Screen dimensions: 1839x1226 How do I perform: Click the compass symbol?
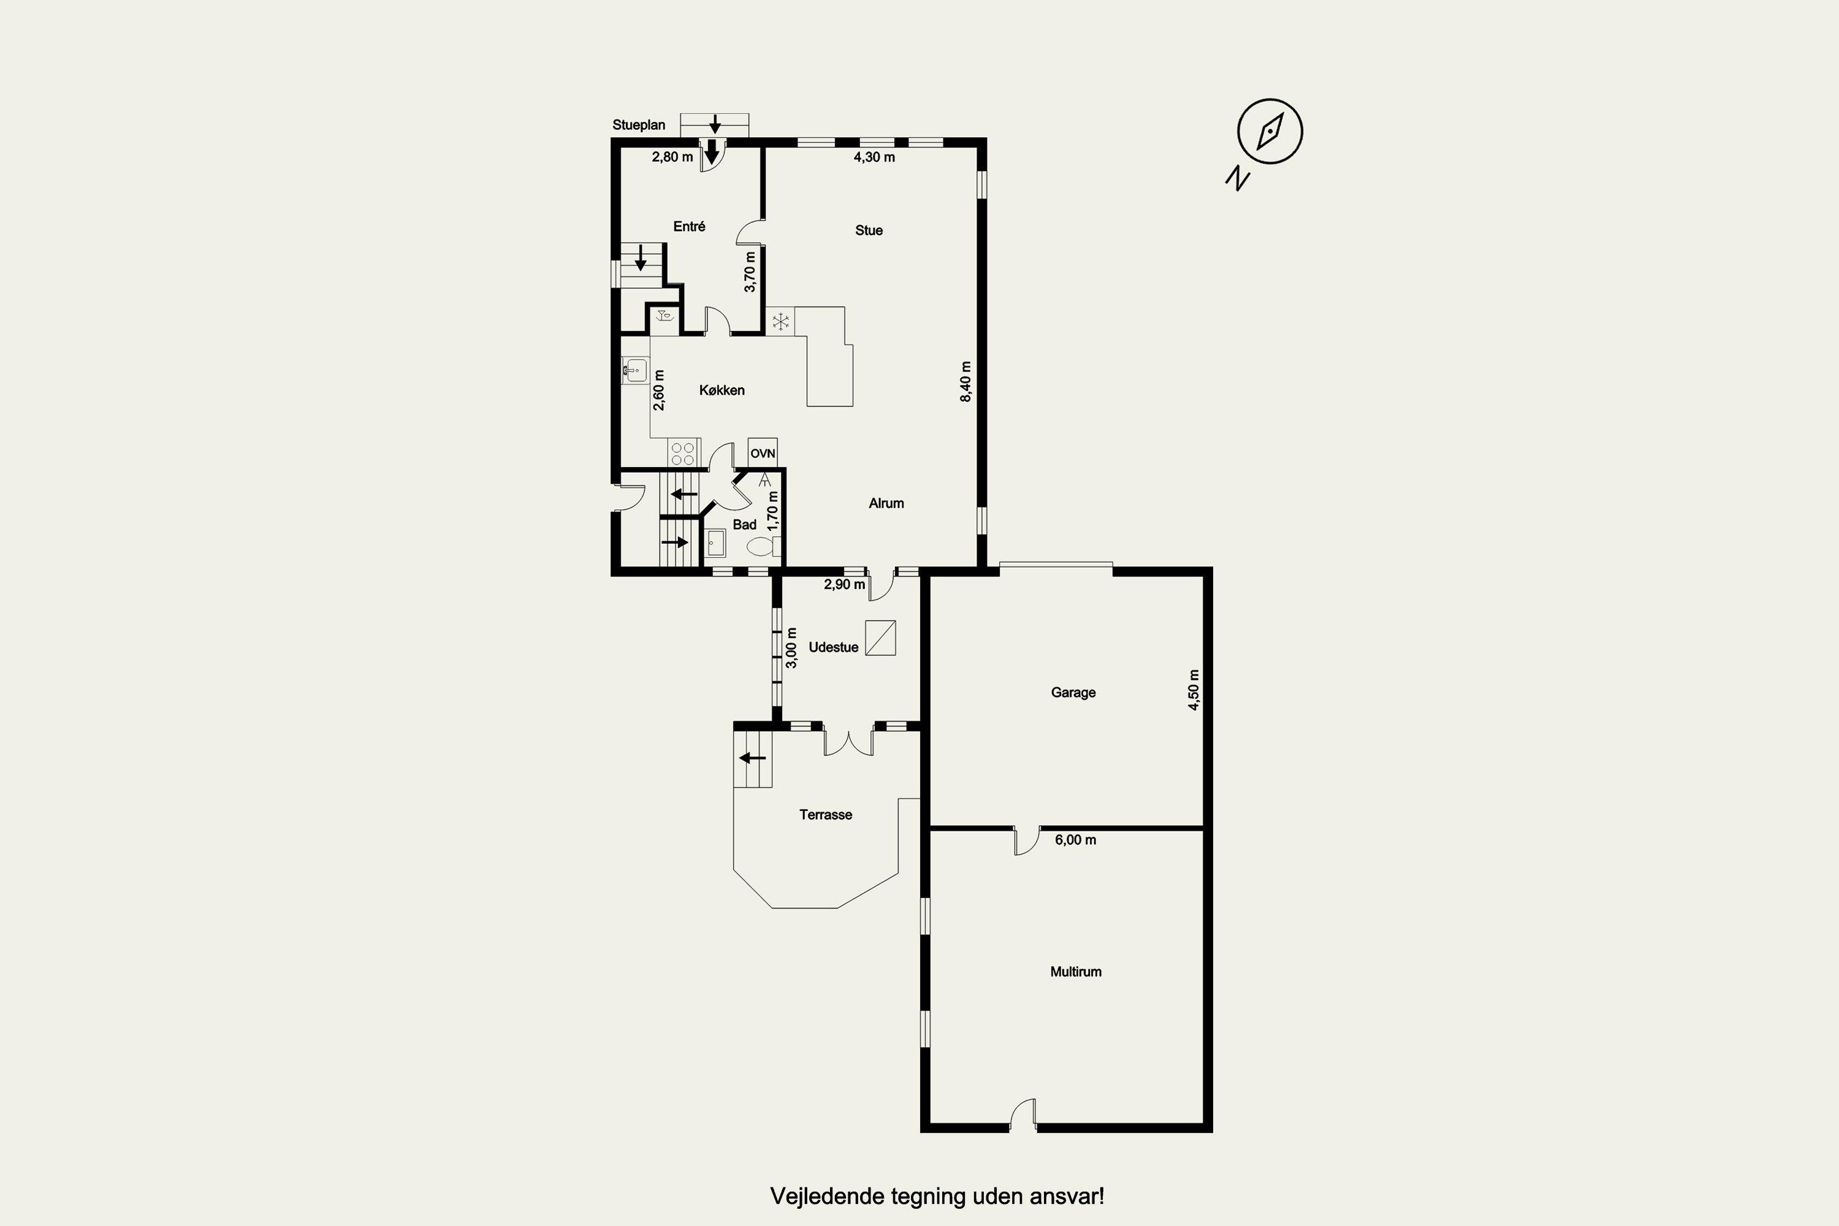click(x=1270, y=131)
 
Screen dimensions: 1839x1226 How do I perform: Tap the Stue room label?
click(x=869, y=230)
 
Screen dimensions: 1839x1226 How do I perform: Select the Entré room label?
click(x=689, y=226)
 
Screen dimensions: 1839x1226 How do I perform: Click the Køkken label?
click(x=722, y=390)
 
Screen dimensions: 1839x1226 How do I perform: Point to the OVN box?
click(x=763, y=453)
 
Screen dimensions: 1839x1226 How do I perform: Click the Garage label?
click(x=1073, y=693)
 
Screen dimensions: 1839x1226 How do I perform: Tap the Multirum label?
click(x=1076, y=972)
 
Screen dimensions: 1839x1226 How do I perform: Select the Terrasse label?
click(x=826, y=815)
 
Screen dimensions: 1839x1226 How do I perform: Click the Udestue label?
click(x=834, y=647)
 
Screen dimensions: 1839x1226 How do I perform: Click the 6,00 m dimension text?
click(x=1075, y=840)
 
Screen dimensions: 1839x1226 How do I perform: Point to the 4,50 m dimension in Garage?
click(x=1193, y=690)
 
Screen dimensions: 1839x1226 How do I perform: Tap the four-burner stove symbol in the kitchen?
click(x=683, y=454)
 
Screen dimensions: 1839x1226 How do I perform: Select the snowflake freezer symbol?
click(x=780, y=321)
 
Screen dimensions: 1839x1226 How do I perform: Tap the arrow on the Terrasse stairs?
click(x=753, y=758)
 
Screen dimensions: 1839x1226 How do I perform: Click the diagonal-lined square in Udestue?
click(x=880, y=638)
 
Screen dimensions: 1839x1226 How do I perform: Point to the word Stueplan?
click(x=639, y=125)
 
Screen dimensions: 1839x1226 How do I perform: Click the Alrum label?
click(x=886, y=503)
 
